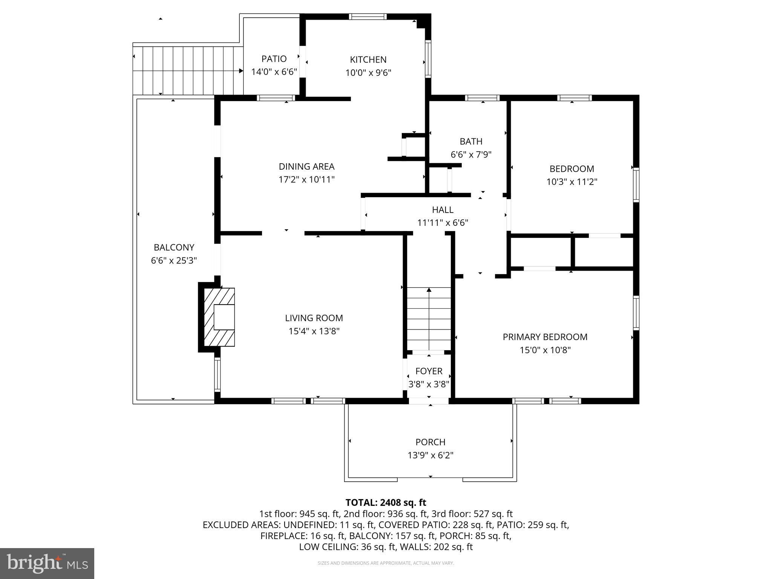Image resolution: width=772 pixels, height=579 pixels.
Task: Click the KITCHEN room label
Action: pos(368,60)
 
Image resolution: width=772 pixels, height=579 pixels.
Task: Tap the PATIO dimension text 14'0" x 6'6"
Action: pos(274,72)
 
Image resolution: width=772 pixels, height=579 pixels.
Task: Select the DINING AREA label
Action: pos(306,166)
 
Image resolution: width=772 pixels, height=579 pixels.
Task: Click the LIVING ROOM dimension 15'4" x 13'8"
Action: pos(314,331)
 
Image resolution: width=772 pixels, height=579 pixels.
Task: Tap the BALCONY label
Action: pos(174,247)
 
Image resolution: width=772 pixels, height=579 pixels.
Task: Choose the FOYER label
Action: pos(429,371)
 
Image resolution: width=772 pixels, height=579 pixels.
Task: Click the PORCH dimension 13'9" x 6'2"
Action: pos(430,455)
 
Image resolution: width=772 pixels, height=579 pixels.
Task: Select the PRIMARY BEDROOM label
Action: pos(545,337)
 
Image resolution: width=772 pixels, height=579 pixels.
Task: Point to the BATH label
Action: pos(471,141)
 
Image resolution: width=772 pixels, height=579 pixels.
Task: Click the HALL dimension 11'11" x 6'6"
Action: pos(443,223)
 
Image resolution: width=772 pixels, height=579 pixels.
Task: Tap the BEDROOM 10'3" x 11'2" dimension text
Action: pos(571,182)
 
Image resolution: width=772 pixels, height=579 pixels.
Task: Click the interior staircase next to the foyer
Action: pos(429,319)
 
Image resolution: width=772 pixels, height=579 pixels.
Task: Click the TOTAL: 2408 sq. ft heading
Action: pos(386,502)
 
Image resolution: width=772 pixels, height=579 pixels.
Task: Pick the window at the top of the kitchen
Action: pos(368,17)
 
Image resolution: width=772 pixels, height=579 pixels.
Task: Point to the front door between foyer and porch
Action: pos(429,401)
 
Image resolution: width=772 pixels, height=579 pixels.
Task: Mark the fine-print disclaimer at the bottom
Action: pos(386,563)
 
